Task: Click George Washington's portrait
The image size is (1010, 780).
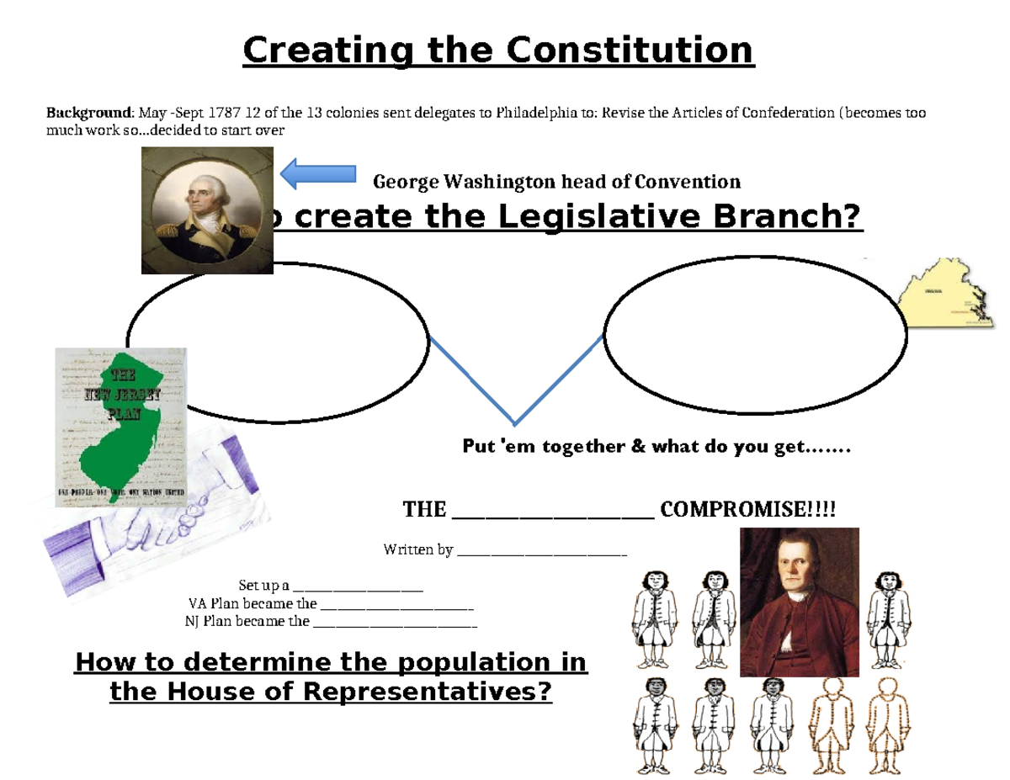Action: pos(207,210)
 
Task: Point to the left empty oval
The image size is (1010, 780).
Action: pos(278,341)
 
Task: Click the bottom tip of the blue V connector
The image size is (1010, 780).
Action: pos(514,423)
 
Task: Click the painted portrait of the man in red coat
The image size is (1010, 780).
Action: pos(799,602)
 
